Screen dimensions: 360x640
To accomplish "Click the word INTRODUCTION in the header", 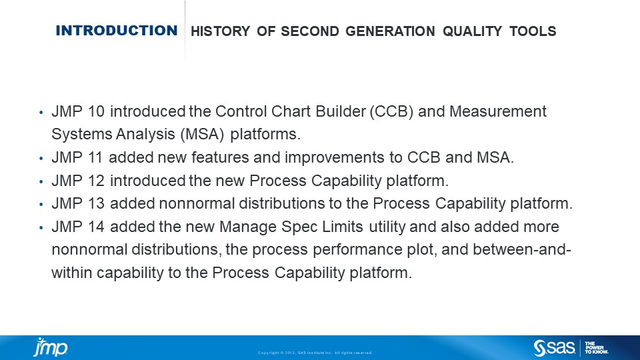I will pyautogui.click(x=117, y=31).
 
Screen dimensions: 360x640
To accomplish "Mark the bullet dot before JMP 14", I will pyautogui.click(x=41, y=227).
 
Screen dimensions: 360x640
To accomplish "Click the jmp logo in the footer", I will pyautogui.click(x=51, y=347).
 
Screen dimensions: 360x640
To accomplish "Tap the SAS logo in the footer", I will pyautogui.click(x=555, y=347).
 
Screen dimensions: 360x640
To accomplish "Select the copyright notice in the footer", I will pyautogui.click(x=315, y=353).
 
